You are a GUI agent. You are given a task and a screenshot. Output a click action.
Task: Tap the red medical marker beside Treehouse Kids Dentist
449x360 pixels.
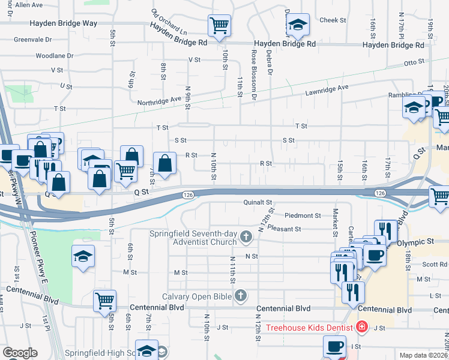click(x=361, y=327)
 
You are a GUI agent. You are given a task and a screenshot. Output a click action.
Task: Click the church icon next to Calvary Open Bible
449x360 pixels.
click(x=240, y=295)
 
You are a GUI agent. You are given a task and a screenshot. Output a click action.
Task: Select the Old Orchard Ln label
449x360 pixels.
click(x=169, y=22)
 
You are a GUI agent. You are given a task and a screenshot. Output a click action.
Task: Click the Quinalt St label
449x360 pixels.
click(x=258, y=203)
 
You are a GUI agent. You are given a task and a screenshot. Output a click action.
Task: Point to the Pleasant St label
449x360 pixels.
click(x=284, y=229)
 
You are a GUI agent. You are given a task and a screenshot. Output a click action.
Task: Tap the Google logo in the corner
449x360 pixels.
click(x=20, y=353)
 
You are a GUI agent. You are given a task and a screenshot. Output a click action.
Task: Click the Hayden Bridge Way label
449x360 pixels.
click(x=64, y=23)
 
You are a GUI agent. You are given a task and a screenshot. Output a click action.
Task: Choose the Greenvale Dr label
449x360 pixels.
click(x=33, y=40)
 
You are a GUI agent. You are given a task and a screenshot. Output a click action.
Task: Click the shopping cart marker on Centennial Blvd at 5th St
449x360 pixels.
click(x=104, y=299)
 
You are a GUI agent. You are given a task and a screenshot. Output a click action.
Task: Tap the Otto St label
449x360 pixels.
click(x=414, y=62)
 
